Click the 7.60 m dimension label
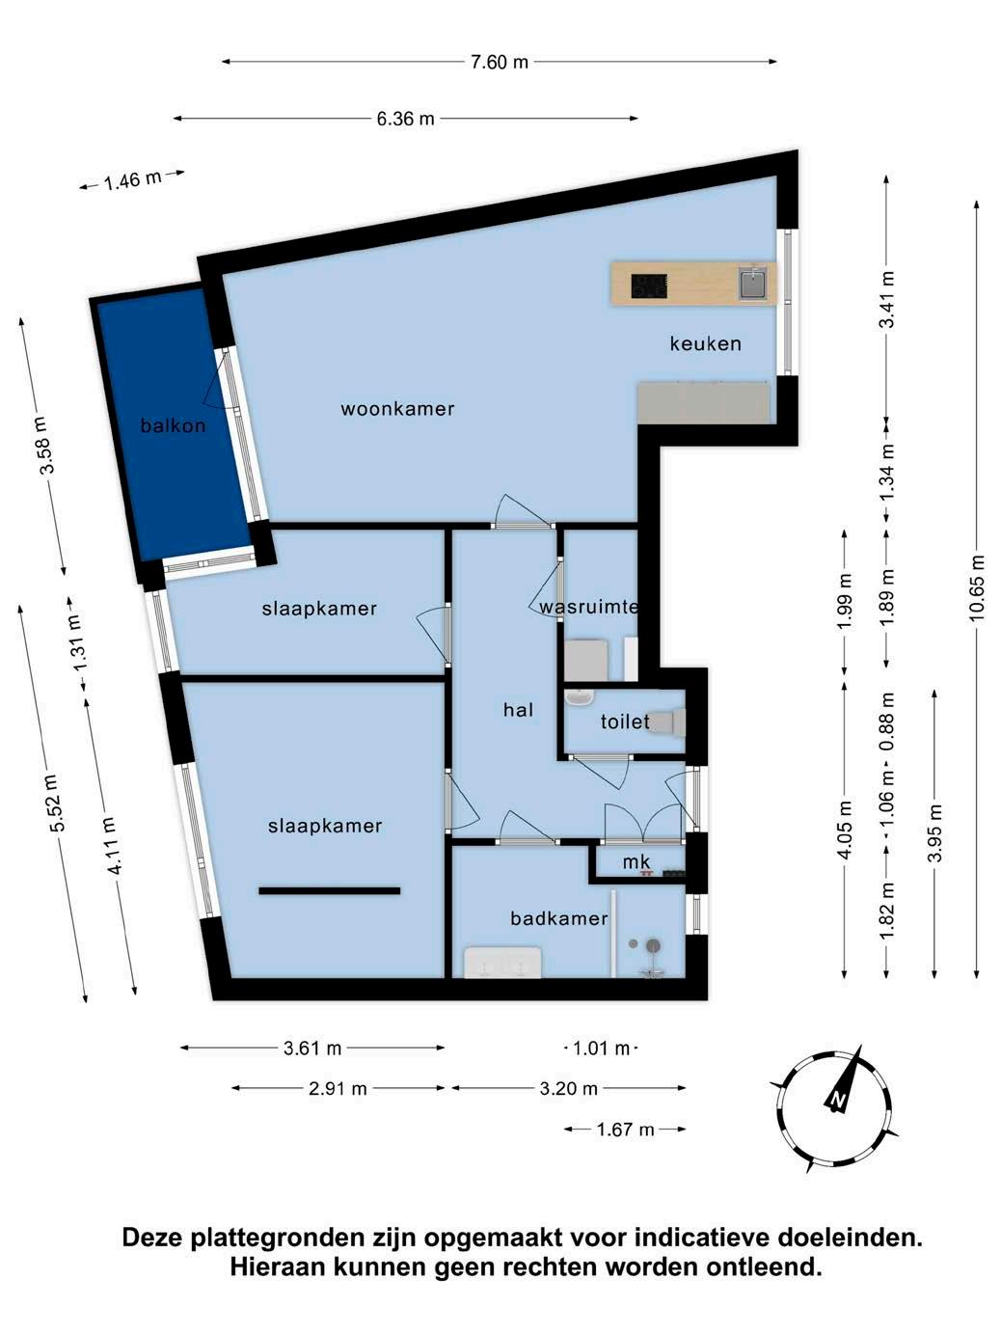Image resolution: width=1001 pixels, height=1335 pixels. point(499,62)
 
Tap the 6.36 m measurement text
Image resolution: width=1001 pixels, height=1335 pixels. point(405,119)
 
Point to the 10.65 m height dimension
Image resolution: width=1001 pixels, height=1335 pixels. point(976,587)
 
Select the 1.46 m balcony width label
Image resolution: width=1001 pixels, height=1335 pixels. point(132,180)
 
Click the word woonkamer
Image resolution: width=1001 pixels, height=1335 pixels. point(397,409)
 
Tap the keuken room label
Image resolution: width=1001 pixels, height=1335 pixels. point(706,343)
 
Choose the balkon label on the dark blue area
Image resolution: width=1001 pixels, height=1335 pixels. point(173,425)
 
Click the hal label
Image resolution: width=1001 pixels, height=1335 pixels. point(519,710)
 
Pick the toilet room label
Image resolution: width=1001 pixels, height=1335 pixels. point(625,722)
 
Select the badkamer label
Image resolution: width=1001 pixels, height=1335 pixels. point(559,918)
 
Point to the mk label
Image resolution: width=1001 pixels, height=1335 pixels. point(636,861)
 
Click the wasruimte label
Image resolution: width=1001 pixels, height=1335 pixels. point(588,607)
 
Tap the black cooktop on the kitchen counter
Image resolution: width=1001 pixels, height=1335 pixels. point(649,286)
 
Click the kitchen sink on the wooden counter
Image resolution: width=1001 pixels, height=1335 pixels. point(754,284)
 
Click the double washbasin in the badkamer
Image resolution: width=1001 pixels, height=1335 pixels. point(502,962)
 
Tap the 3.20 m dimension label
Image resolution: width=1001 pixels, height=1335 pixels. point(568,1088)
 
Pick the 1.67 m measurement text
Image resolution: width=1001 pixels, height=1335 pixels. point(626,1130)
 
